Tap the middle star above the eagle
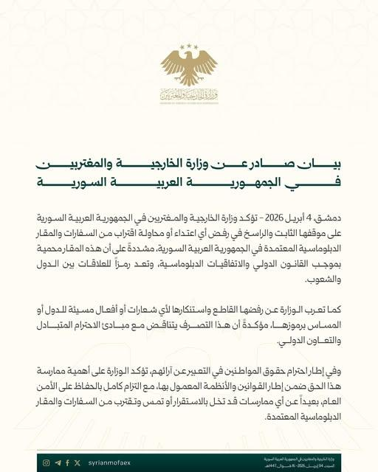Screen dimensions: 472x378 190,46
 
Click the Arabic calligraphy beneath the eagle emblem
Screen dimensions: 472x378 189,96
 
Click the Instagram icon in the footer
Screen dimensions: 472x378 47,462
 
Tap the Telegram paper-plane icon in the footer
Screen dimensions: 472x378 58,462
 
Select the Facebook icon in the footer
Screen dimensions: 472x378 68,462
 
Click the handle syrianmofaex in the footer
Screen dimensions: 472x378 108,462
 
